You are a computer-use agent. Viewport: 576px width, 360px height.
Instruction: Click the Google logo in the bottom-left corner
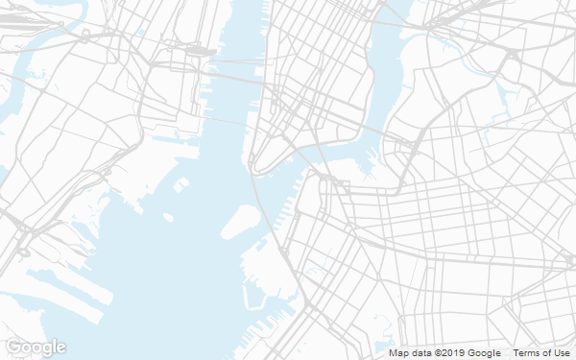pyautogui.click(x=36, y=347)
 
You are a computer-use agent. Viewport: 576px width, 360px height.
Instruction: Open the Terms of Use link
pyautogui.click(x=541, y=353)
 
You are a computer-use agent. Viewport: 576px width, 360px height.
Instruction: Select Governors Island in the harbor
pyautogui.click(x=240, y=222)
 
